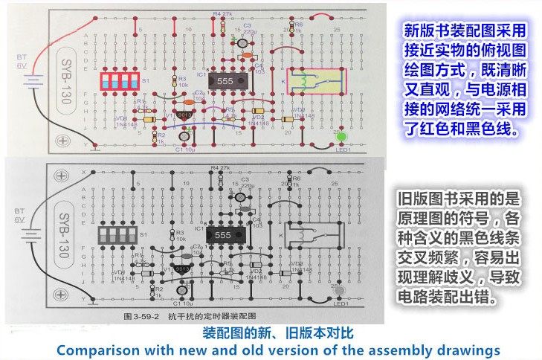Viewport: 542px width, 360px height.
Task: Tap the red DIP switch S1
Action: [x=119, y=81]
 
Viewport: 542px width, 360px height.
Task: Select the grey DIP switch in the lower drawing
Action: [x=119, y=236]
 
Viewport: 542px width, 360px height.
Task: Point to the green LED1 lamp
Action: [x=342, y=137]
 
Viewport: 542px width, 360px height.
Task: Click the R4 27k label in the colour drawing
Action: [x=222, y=14]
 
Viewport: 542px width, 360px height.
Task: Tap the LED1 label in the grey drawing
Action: [x=341, y=303]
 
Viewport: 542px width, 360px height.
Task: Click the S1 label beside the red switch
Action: [x=146, y=80]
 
